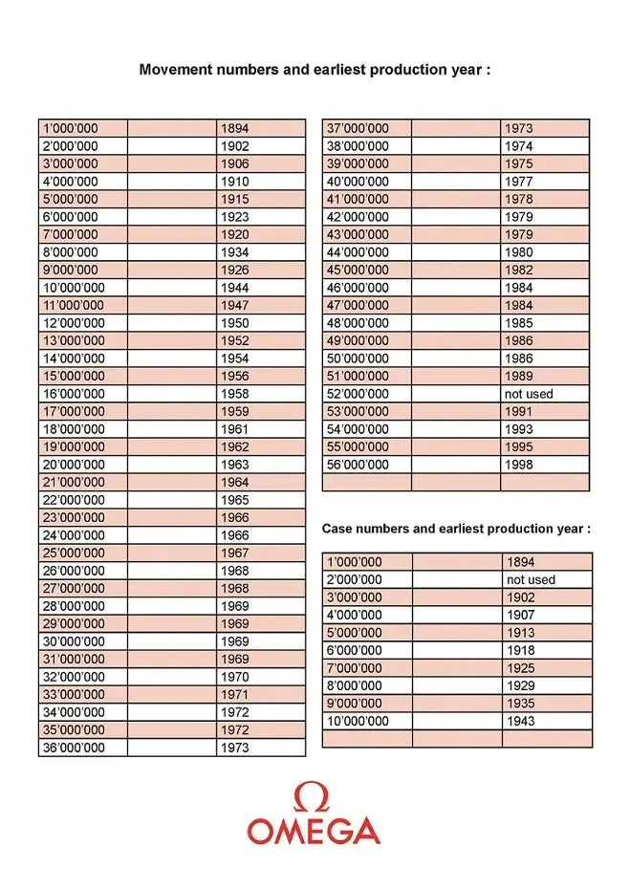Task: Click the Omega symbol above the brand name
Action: pyautogui.click(x=314, y=797)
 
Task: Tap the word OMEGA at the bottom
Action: pyautogui.click(x=314, y=831)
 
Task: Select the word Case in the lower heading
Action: pyautogui.click(x=337, y=529)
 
